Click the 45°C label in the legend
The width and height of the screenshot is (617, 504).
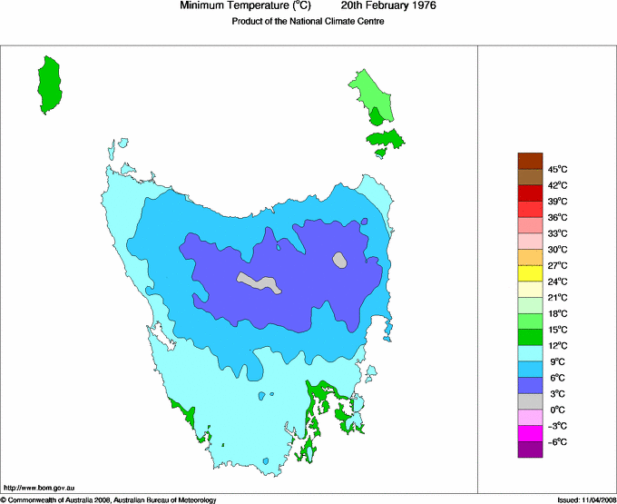558,169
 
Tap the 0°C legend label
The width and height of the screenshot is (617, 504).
558,410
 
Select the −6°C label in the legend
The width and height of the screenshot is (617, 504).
558,441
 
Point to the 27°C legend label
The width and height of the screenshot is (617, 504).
558,265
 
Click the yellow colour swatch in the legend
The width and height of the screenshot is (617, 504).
530,273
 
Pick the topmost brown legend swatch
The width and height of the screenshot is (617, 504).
530,161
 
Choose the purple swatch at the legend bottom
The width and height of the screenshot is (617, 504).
530,450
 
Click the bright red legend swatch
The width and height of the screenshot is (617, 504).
530,193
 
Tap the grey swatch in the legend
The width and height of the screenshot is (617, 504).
530,401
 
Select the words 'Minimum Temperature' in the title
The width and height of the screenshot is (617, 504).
232,6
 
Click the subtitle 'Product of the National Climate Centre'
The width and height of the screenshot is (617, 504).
308,22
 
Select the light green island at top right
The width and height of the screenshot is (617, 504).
373,94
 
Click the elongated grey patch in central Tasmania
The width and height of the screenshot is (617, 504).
259,282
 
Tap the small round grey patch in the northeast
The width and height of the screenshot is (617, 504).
340,260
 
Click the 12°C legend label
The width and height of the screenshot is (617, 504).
558,345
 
